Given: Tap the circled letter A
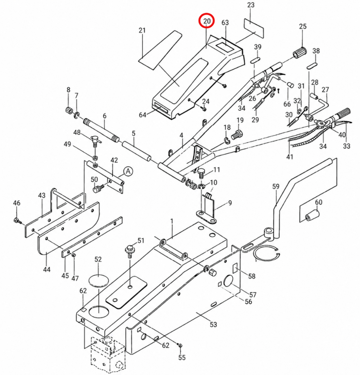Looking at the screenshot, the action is pos(128,172).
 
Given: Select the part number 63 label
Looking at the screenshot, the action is pos(225,22).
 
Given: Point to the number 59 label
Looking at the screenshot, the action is pos(276,186).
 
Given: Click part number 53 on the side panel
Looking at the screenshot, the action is pos(213,325).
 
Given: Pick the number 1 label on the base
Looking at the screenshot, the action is pos(172,221).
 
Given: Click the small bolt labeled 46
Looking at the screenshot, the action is pos(17,220).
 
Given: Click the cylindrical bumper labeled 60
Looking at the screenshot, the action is pos(312,215).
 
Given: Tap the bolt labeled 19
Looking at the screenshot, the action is pos(236,135).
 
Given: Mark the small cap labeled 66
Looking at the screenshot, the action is pos(290,85).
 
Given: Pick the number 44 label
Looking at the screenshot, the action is pos(47,269).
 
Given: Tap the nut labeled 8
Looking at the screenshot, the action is pos(69,110).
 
